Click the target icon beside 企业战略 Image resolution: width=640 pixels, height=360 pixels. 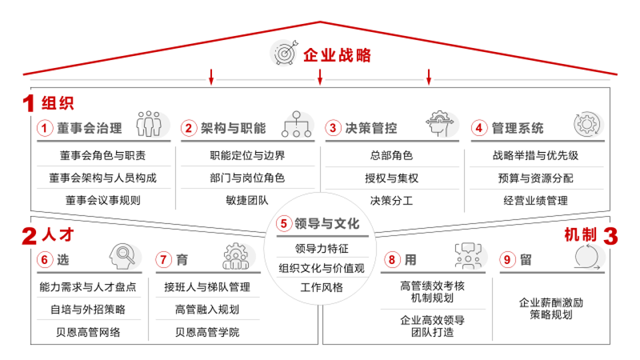(x=283, y=54)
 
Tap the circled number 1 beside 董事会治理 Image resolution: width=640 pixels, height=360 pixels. (x=45, y=128)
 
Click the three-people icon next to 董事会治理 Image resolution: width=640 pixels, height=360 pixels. (x=149, y=124)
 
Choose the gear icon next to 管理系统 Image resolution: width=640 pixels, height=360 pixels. (x=587, y=124)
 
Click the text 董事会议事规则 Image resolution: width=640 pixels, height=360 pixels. (x=103, y=200)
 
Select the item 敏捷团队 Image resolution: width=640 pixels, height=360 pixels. (x=247, y=200)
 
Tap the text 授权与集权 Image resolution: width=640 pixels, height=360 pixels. (x=391, y=178)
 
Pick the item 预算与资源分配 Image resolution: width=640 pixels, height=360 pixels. (x=535, y=178)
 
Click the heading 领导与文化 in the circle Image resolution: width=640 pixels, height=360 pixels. (x=327, y=223)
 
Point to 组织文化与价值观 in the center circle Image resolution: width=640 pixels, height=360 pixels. (x=321, y=268)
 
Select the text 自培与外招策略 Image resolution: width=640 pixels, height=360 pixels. (x=88, y=309)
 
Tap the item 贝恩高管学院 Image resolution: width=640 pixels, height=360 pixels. (x=207, y=331)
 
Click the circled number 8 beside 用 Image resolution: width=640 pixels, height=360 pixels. (x=393, y=259)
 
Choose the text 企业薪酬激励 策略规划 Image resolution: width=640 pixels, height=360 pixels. (x=551, y=308)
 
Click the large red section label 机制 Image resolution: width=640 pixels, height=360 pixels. (x=579, y=235)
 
